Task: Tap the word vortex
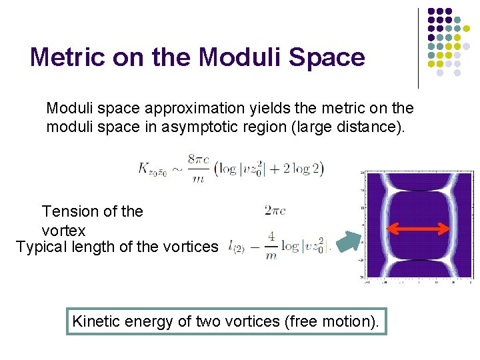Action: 64,231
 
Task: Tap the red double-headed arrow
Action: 419,229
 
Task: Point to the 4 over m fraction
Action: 271,246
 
